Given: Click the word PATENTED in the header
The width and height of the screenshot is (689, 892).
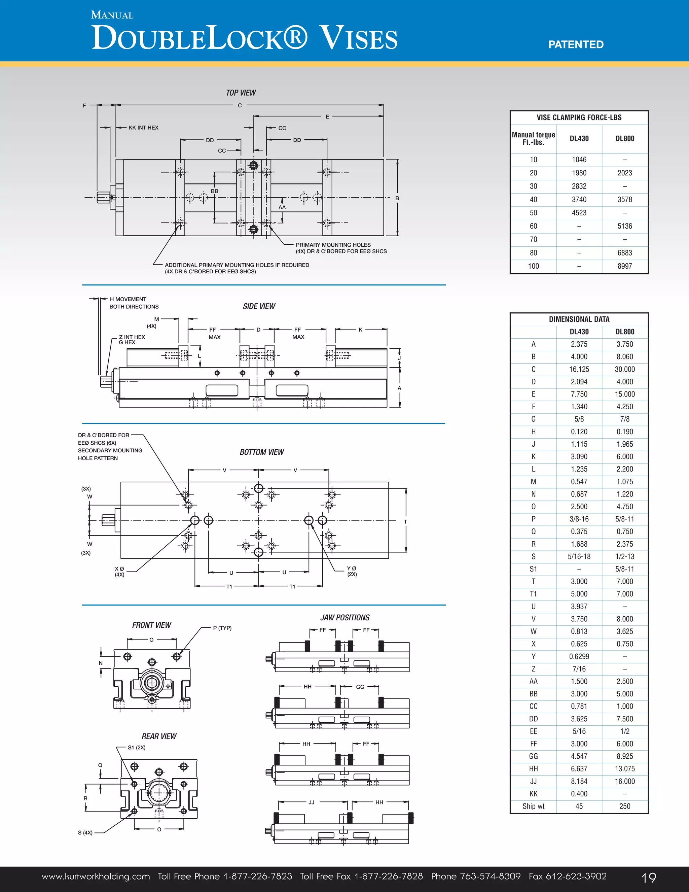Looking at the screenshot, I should click(x=576, y=44).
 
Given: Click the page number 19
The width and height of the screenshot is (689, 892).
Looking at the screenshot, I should click(x=649, y=877).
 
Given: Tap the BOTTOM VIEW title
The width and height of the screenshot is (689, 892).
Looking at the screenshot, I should click(x=262, y=452).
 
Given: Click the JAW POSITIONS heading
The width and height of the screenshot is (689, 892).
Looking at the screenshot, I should click(x=345, y=618).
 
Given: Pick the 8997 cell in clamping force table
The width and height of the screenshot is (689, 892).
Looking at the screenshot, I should click(x=624, y=266).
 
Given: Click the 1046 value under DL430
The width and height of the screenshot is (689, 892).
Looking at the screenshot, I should click(x=579, y=160).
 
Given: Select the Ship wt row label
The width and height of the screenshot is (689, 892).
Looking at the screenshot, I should click(x=533, y=806).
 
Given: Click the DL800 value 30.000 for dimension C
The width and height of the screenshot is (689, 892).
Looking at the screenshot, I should click(x=624, y=369).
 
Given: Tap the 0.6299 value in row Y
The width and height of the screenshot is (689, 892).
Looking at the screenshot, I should click(x=579, y=656).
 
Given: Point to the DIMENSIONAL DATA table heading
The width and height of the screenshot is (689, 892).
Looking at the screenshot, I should click(x=579, y=319).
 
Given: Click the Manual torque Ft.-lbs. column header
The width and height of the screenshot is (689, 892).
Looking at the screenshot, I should click(x=533, y=138).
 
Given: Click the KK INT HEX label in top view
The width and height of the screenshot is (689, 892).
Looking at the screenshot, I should click(x=143, y=128).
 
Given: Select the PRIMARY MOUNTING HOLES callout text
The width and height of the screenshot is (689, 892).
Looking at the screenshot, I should click(x=333, y=245).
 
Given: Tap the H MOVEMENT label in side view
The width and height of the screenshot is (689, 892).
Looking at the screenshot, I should click(x=128, y=299).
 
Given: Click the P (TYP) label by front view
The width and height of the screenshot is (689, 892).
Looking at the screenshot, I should click(x=222, y=628).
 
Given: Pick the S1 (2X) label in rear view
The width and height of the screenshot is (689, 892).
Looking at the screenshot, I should click(x=136, y=747).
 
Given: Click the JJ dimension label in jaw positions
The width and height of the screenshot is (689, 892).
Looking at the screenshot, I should click(x=312, y=802).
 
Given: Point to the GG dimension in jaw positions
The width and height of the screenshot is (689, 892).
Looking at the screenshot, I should click(x=360, y=687).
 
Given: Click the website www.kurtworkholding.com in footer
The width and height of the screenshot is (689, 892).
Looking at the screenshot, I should click(x=96, y=877).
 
